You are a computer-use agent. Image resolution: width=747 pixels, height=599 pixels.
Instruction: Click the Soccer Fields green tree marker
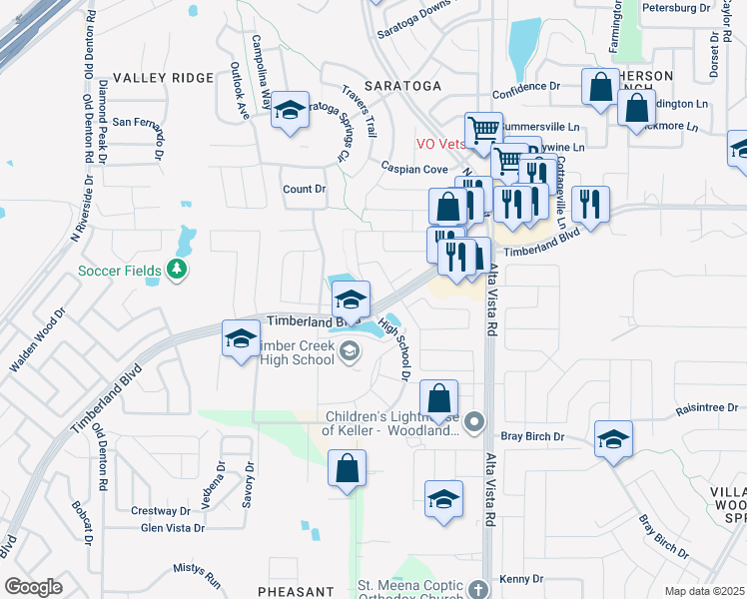[177, 269]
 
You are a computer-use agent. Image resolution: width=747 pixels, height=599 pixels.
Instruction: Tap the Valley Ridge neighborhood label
[164, 78]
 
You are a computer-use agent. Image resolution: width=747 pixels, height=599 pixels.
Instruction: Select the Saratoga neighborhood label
[402, 86]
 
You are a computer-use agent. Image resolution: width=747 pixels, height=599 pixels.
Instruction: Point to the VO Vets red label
[441, 143]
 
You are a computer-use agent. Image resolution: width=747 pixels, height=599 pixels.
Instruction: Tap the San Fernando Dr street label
[150, 122]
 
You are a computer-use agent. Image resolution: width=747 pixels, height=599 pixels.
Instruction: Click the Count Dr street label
[305, 189]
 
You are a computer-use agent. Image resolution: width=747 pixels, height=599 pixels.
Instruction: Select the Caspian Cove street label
[413, 170]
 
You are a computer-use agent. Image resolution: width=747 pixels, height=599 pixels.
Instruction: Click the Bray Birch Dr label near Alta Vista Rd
[532, 436]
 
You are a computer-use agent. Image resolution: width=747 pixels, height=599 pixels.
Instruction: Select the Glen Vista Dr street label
[173, 528]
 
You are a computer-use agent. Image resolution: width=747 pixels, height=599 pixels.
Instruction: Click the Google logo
[34, 587]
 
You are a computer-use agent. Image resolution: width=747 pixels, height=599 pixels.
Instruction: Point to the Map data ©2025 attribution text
[704, 591]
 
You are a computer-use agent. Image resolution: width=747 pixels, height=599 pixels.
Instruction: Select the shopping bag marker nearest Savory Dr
[347, 467]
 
